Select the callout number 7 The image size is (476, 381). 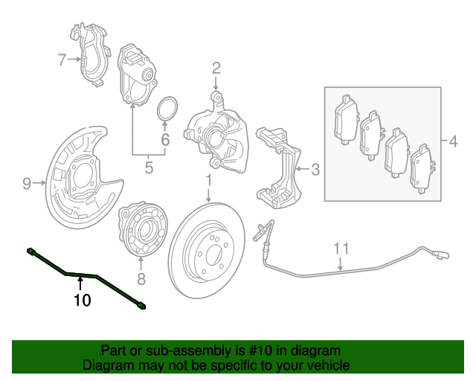point(62,60)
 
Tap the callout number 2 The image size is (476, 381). point(216,68)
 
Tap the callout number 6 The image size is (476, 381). point(166,139)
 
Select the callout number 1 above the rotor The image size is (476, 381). point(209,181)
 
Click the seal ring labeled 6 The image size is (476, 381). point(167,108)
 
